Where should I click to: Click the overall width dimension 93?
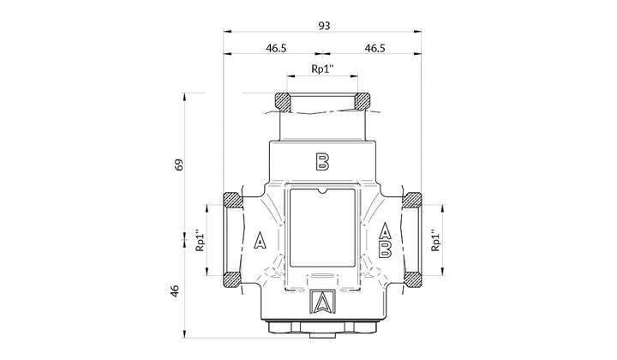[x=323, y=27]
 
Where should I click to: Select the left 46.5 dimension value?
[x=274, y=49]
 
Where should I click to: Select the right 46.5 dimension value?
[x=374, y=49]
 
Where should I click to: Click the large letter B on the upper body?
[x=322, y=160]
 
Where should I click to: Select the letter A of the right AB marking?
[x=386, y=231]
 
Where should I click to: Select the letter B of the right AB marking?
[x=386, y=249]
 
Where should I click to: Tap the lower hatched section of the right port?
[x=414, y=279]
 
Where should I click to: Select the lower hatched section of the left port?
[x=231, y=279]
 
